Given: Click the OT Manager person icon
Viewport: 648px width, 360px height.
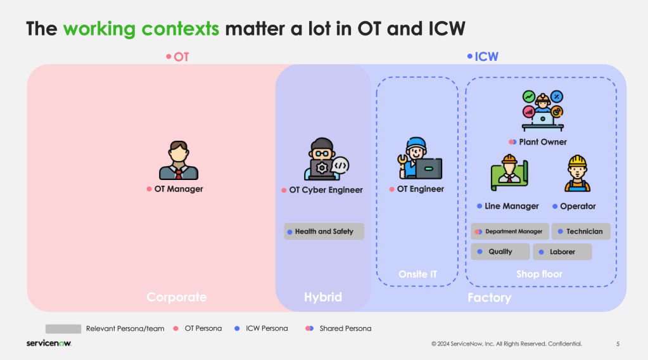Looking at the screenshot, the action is coord(179,160).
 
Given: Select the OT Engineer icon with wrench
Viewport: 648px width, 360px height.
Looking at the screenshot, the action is coord(419,158).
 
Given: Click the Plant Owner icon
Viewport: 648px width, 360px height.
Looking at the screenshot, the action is coord(543,111).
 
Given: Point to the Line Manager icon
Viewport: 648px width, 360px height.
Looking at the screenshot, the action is coord(509,173).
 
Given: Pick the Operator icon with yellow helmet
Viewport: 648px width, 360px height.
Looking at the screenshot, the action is coord(577,174).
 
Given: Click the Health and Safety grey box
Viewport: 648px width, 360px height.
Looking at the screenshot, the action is coord(324,231).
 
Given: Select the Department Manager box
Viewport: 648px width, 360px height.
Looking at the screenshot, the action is coord(510,231).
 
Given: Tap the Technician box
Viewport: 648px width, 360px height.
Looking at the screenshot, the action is coord(581,231).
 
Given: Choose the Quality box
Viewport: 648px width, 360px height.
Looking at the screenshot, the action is coord(500,252).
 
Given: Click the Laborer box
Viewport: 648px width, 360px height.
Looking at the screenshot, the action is coord(562,252).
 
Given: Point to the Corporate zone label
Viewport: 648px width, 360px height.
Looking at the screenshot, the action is coord(177,297).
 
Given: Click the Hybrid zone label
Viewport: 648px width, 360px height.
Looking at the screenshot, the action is coord(323,297).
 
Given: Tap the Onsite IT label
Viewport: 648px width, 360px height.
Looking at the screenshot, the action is coord(417,274).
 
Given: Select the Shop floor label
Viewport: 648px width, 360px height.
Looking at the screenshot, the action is coord(539,274).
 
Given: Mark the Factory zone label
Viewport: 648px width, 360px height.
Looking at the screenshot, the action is coord(489,298).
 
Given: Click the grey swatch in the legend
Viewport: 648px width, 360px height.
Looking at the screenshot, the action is coord(63,329).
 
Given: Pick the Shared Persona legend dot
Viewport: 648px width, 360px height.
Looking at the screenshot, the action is coord(309,328).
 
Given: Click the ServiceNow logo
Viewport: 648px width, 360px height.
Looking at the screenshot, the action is coord(49,344).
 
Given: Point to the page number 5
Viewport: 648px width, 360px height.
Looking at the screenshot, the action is coord(618,344).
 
